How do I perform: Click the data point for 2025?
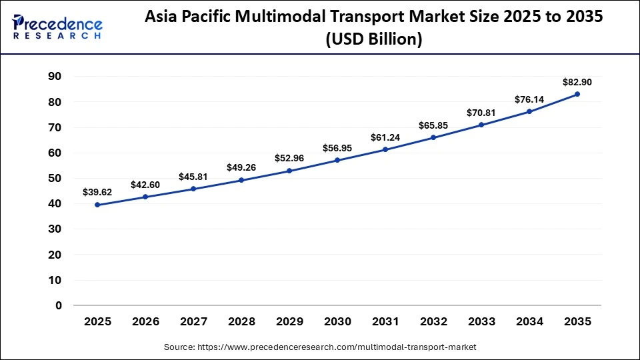tap(97, 205)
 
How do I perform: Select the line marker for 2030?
tap(337, 161)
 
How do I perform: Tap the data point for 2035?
tap(577, 94)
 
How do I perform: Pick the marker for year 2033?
tap(481, 125)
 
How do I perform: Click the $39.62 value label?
tap(97, 192)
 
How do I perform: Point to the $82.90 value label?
tap(577, 81)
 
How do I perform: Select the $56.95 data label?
tap(337, 148)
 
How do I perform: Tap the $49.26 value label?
tap(241, 167)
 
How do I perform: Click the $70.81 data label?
tap(481, 112)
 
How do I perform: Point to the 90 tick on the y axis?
tap(55, 77)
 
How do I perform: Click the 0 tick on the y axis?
tap(59, 305)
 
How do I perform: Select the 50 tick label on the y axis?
tap(55, 179)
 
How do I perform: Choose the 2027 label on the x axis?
tap(193, 321)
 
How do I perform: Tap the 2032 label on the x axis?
tap(433, 321)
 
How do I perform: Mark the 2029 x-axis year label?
tap(289, 321)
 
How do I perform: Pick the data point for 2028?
tap(241, 180)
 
